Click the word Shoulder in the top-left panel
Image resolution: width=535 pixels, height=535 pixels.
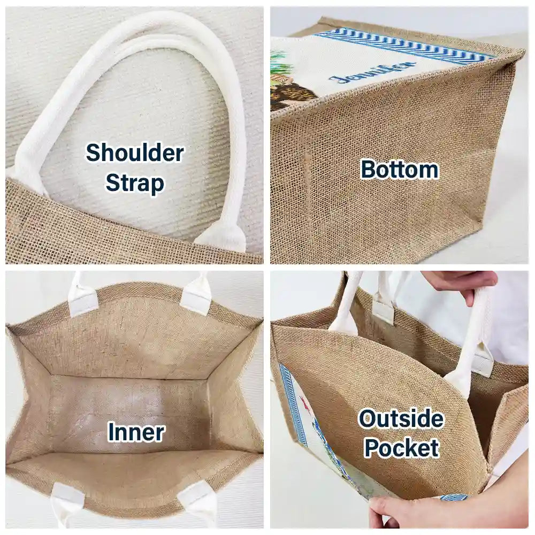click(135, 153)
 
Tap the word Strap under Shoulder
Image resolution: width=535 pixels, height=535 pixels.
click(135, 183)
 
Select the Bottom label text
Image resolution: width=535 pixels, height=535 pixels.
click(400, 170)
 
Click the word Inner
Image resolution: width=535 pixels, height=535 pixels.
click(136, 432)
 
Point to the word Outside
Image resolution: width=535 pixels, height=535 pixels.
click(401, 419)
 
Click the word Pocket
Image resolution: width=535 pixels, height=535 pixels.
click(402, 448)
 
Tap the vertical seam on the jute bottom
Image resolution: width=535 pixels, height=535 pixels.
click(307, 191)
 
